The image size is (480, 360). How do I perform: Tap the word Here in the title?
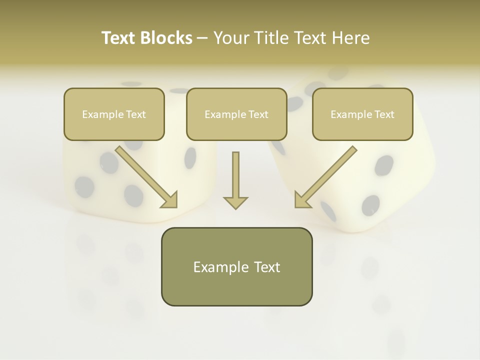pyautogui.click(x=351, y=38)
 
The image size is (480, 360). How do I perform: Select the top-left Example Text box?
pyautogui.click(x=114, y=114)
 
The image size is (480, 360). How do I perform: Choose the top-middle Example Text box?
pyautogui.click(x=236, y=114)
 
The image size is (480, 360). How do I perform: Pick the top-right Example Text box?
pyautogui.click(x=362, y=114)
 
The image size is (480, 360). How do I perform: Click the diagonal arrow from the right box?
pyautogui.click(x=327, y=175)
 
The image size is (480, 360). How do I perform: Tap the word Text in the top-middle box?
pyautogui.click(x=258, y=114)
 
